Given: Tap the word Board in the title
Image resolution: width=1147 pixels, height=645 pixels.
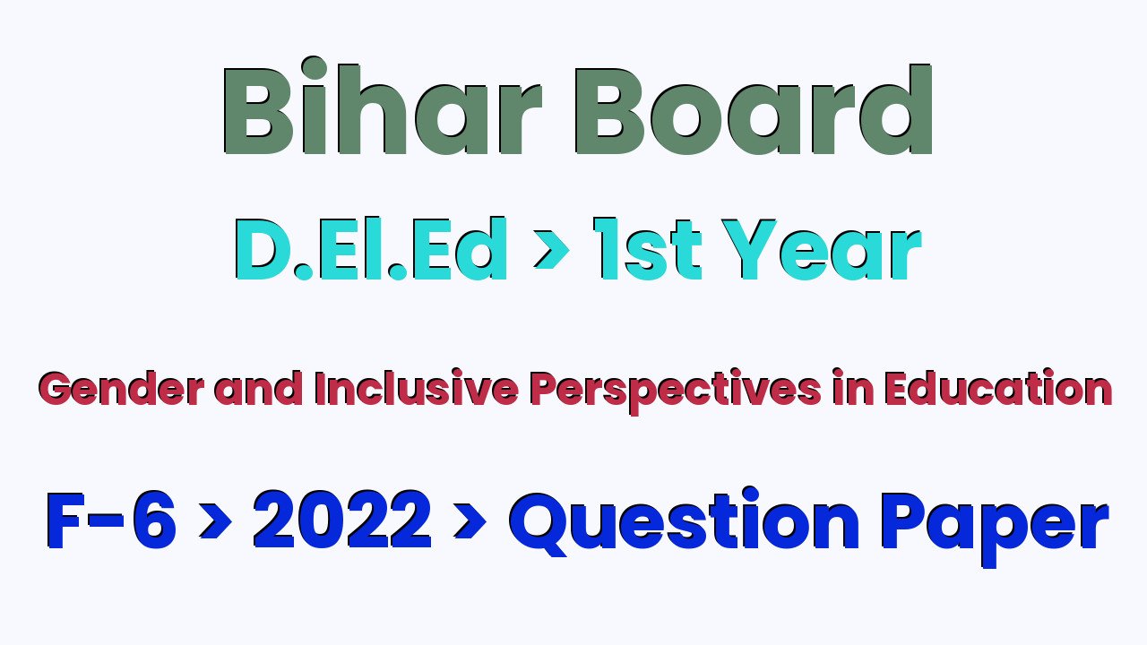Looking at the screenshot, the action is pyautogui.click(x=754, y=109).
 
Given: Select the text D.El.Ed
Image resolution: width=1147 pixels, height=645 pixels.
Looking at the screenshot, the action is pyautogui.click(x=371, y=249).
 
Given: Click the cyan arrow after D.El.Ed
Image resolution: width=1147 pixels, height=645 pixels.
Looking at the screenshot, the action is pyautogui.click(x=551, y=249).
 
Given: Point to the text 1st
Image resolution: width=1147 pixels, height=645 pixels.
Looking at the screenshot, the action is pyautogui.click(x=647, y=249).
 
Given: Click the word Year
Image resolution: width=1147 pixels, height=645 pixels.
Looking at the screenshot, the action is pyautogui.click(x=822, y=249).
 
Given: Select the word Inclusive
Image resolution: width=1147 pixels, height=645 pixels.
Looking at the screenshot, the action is pyautogui.click(x=417, y=388).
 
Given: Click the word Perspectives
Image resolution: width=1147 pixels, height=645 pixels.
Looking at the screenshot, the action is pyautogui.click(x=676, y=391).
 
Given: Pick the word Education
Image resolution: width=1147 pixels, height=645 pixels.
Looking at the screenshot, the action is pyautogui.click(x=998, y=388).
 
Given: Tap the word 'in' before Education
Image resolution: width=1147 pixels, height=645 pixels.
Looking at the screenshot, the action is pyautogui.click(x=853, y=388).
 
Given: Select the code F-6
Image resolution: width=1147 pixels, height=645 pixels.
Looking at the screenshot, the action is pyautogui.click(x=111, y=520).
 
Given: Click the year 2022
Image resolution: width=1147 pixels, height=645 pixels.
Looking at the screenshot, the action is pyautogui.click(x=342, y=520).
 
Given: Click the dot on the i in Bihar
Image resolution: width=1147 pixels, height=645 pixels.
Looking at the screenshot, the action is pyautogui.click(x=314, y=69).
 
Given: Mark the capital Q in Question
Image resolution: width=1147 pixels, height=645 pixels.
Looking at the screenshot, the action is pyautogui.click(x=539, y=524).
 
